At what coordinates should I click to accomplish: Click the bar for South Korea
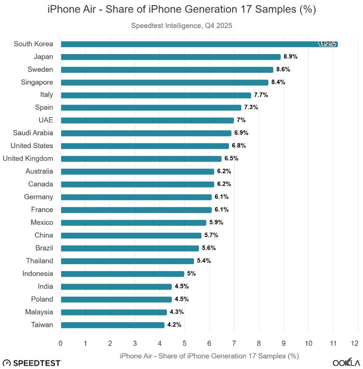[198, 44]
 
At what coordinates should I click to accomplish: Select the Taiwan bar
[113, 325]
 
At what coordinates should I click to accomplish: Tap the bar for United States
[145, 146]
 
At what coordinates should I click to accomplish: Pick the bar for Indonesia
[122, 274]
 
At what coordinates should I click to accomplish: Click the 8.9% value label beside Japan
[290, 57]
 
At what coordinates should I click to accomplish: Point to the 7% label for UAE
[241, 120]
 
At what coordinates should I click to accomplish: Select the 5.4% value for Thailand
[204, 261]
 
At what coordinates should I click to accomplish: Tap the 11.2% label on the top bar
[327, 44]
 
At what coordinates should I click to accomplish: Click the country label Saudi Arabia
[33, 133]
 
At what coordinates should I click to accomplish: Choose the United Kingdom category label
[28, 159]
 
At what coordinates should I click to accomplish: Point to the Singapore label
[37, 82]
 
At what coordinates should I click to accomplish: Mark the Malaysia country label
[39, 312]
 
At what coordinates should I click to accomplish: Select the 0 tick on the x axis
[61, 343]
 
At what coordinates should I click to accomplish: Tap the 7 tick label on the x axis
[234, 343]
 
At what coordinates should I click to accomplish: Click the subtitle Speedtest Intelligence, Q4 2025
[181, 26]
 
